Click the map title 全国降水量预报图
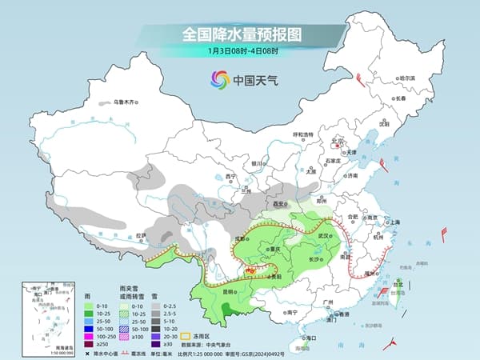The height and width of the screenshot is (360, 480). [239, 34]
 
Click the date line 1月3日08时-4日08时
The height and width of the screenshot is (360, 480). [240, 53]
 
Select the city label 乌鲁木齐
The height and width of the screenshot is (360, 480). [126, 102]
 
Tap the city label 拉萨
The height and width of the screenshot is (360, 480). [141, 234]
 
